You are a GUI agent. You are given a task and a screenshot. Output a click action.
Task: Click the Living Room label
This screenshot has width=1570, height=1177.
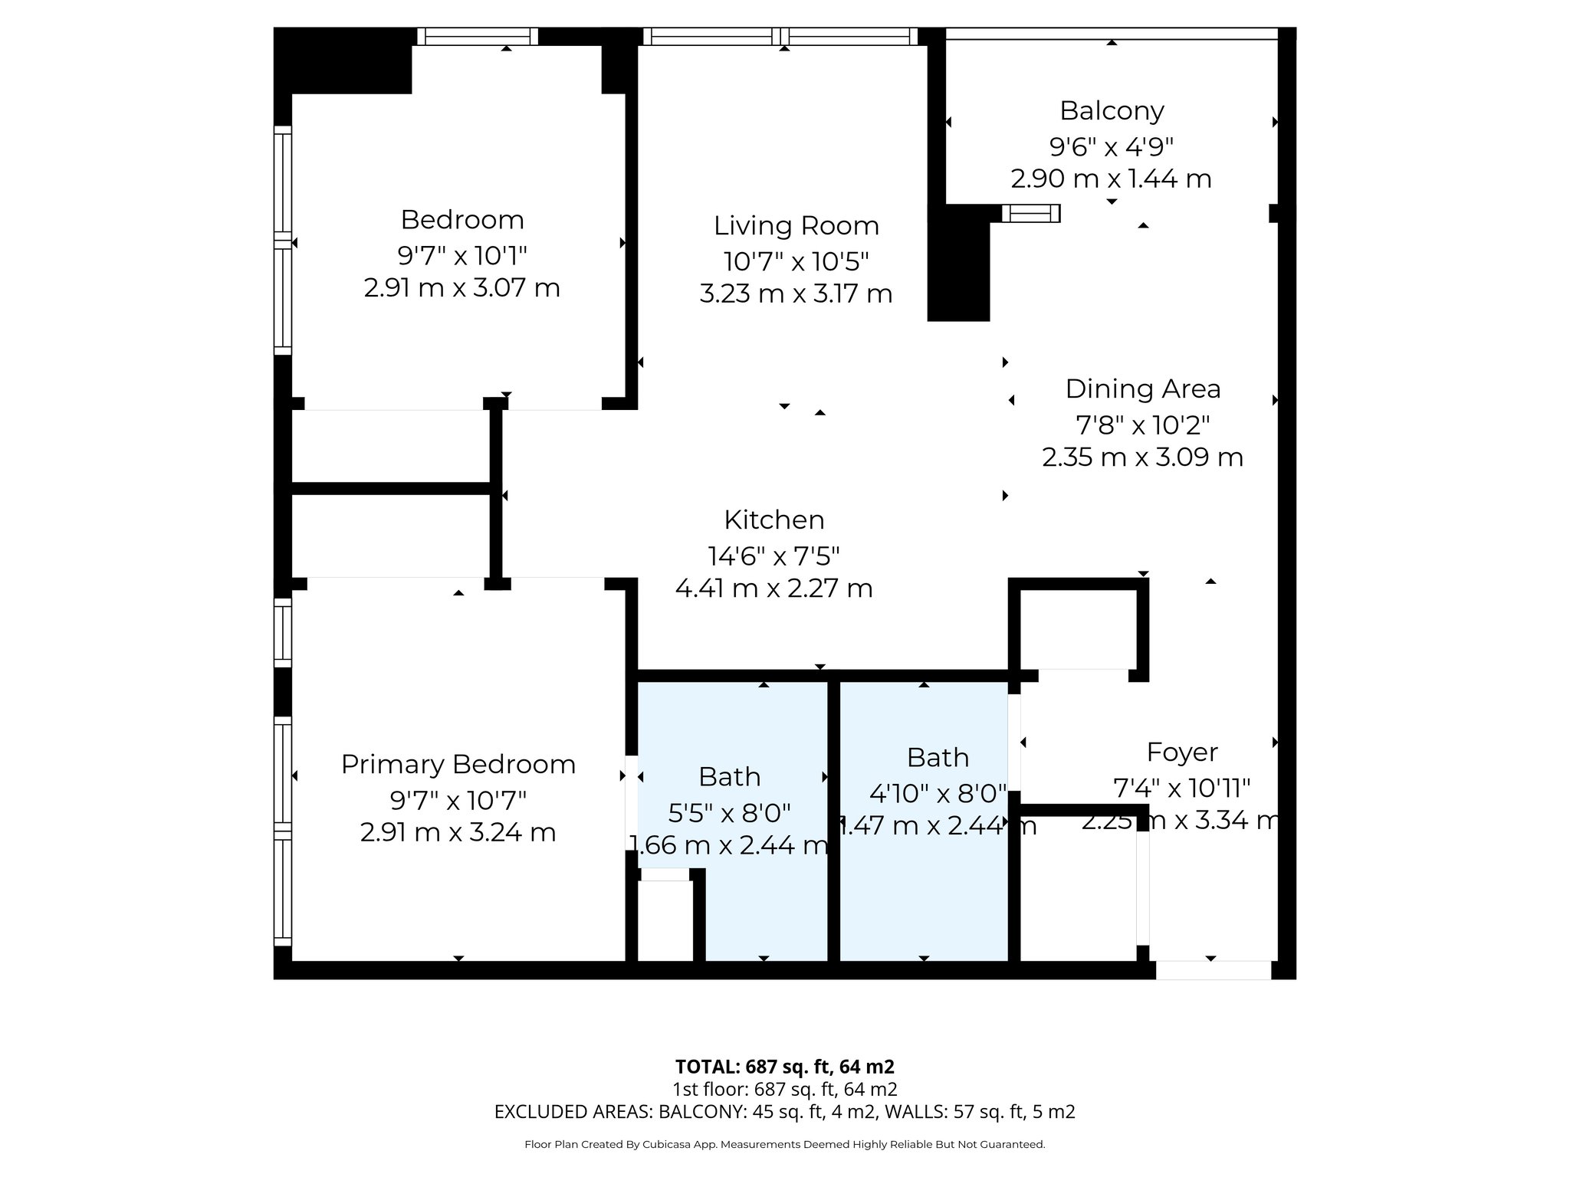[x=796, y=226]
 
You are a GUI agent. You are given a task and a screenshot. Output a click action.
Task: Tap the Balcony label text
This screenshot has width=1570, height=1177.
[x=1112, y=111]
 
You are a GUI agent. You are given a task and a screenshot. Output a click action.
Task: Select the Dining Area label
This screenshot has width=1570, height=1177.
[x=1142, y=389]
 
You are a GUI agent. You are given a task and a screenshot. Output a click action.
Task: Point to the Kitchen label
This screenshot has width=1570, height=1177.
[x=774, y=520]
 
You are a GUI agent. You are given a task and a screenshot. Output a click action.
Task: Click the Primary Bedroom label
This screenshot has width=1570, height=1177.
[x=458, y=765]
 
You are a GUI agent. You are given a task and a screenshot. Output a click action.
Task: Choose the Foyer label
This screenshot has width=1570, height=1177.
[x=1181, y=752]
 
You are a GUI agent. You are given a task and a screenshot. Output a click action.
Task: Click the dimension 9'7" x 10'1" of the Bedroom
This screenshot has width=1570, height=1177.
[x=461, y=255]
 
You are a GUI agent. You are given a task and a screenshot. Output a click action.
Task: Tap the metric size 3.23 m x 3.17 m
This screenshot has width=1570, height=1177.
[x=796, y=294]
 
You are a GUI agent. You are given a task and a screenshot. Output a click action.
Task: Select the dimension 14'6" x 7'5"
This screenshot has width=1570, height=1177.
[x=774, y=556]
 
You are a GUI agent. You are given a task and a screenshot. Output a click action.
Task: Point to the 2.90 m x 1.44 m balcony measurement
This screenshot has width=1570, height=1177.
[x=1111, y=179]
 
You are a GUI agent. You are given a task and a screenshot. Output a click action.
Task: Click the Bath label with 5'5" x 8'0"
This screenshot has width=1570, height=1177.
[x=729, y=777]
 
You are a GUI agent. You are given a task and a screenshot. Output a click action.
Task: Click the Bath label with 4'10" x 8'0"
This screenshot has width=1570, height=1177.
[x=938, y=758]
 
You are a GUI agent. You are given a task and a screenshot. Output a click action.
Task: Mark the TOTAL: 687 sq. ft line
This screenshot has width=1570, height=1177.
[x=784, y=1067]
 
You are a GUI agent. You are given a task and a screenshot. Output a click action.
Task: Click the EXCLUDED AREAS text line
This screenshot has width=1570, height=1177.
[x=784, y=1112]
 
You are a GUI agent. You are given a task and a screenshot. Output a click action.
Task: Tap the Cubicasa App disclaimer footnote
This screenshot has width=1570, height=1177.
[x=784, y=1145]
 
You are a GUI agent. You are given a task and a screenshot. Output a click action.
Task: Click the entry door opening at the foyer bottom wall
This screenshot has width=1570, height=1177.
[x=1213, y=970]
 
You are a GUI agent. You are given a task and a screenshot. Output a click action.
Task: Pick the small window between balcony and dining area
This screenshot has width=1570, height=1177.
[x=1030, y=213]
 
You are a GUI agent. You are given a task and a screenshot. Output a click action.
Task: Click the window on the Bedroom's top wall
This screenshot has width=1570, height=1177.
[x=478, y=36]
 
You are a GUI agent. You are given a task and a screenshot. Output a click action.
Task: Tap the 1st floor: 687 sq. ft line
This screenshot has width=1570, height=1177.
[x=784, y=1090]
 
